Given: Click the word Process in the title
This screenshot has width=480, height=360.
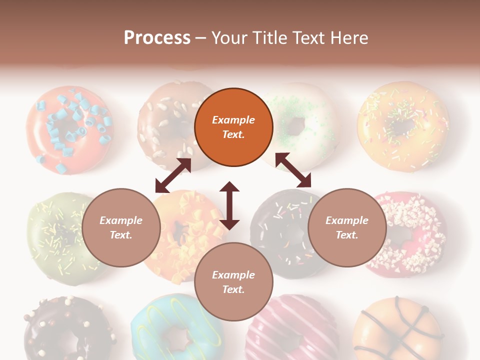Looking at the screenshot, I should (x=157, y=38).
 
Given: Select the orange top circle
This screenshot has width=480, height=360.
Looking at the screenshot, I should (x=233, y=127).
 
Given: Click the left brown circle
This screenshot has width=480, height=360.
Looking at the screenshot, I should (x=121, y=228).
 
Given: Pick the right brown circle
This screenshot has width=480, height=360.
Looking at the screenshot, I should (x=347, y=228).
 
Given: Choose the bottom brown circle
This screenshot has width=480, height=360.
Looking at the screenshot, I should (x=233, y=282).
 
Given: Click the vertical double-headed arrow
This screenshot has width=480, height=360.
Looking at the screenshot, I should (x=229, y=205).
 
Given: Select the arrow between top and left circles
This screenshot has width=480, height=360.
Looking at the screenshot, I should (x=173, y=175).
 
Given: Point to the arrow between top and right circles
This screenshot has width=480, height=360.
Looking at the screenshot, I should (x=293, y=170).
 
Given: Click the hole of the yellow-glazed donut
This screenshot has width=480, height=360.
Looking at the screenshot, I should (x=403, y=127).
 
